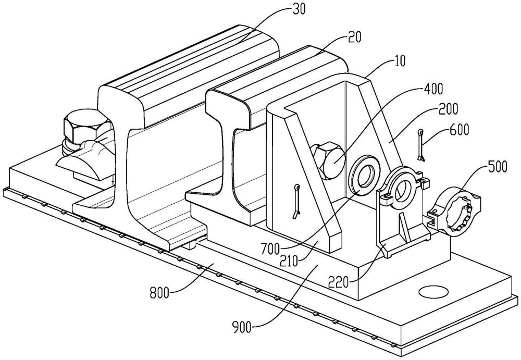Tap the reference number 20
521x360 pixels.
[354, 37]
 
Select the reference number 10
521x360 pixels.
[400, 61]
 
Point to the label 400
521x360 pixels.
[433, 89]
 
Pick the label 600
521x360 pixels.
[460, 130]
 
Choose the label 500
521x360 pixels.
[498, 167]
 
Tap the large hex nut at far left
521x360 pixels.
[86, 127]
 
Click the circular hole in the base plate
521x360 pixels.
[434, 292]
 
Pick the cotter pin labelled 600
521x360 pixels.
[421, 145]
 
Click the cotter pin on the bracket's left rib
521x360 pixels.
[296, 202]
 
